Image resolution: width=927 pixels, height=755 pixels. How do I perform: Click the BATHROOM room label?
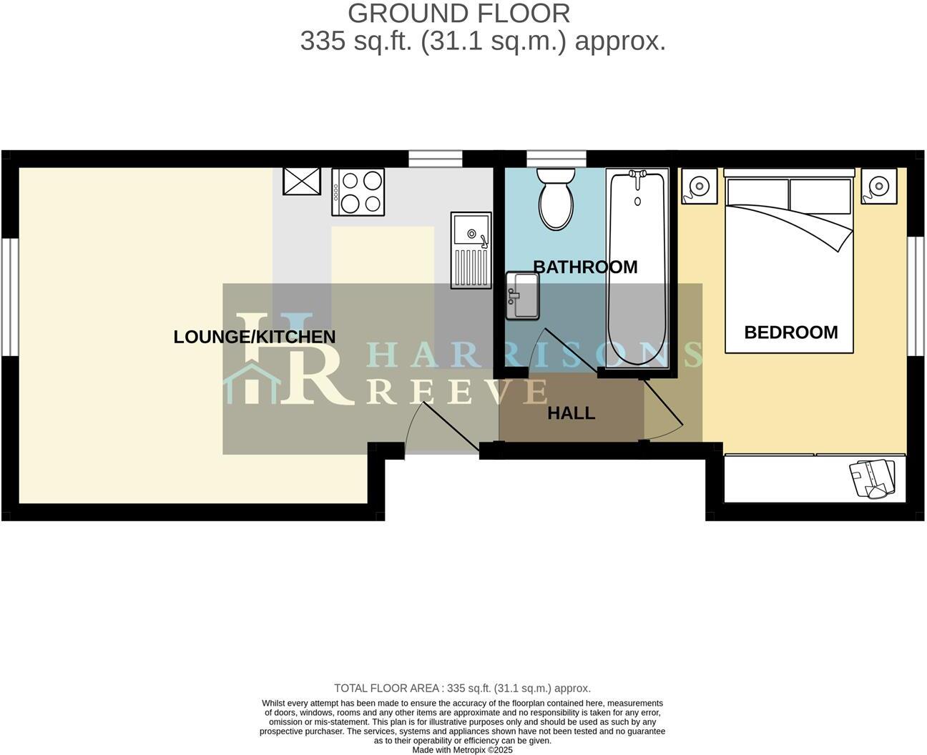point(585,267)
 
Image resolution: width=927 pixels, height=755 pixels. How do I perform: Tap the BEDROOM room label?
point(791,332)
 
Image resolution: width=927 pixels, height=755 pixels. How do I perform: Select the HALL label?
point(571,413)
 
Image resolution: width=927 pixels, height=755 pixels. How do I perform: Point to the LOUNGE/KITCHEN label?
point(255,337)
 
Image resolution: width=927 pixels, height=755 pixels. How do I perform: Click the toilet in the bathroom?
point(556,199)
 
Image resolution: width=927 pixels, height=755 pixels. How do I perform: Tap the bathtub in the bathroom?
point(637,270)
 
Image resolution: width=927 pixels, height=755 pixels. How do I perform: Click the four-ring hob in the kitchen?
point(358,192)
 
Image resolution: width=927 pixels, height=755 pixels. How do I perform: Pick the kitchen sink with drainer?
point(471,250)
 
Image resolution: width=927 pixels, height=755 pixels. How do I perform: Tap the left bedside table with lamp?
point(697,186)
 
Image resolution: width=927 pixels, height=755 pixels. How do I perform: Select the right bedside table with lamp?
point(877,185)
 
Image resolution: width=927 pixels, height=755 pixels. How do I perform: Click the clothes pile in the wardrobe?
point(873,478)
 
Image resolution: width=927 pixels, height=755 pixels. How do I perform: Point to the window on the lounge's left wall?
point(9,296)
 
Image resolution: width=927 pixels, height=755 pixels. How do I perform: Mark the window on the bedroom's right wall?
point(916,295)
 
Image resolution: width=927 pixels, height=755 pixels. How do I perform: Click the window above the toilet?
point(556,158)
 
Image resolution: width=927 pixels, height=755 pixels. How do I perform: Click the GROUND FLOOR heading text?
point(458,14)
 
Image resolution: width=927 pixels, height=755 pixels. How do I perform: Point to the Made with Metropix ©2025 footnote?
point(463,750)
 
